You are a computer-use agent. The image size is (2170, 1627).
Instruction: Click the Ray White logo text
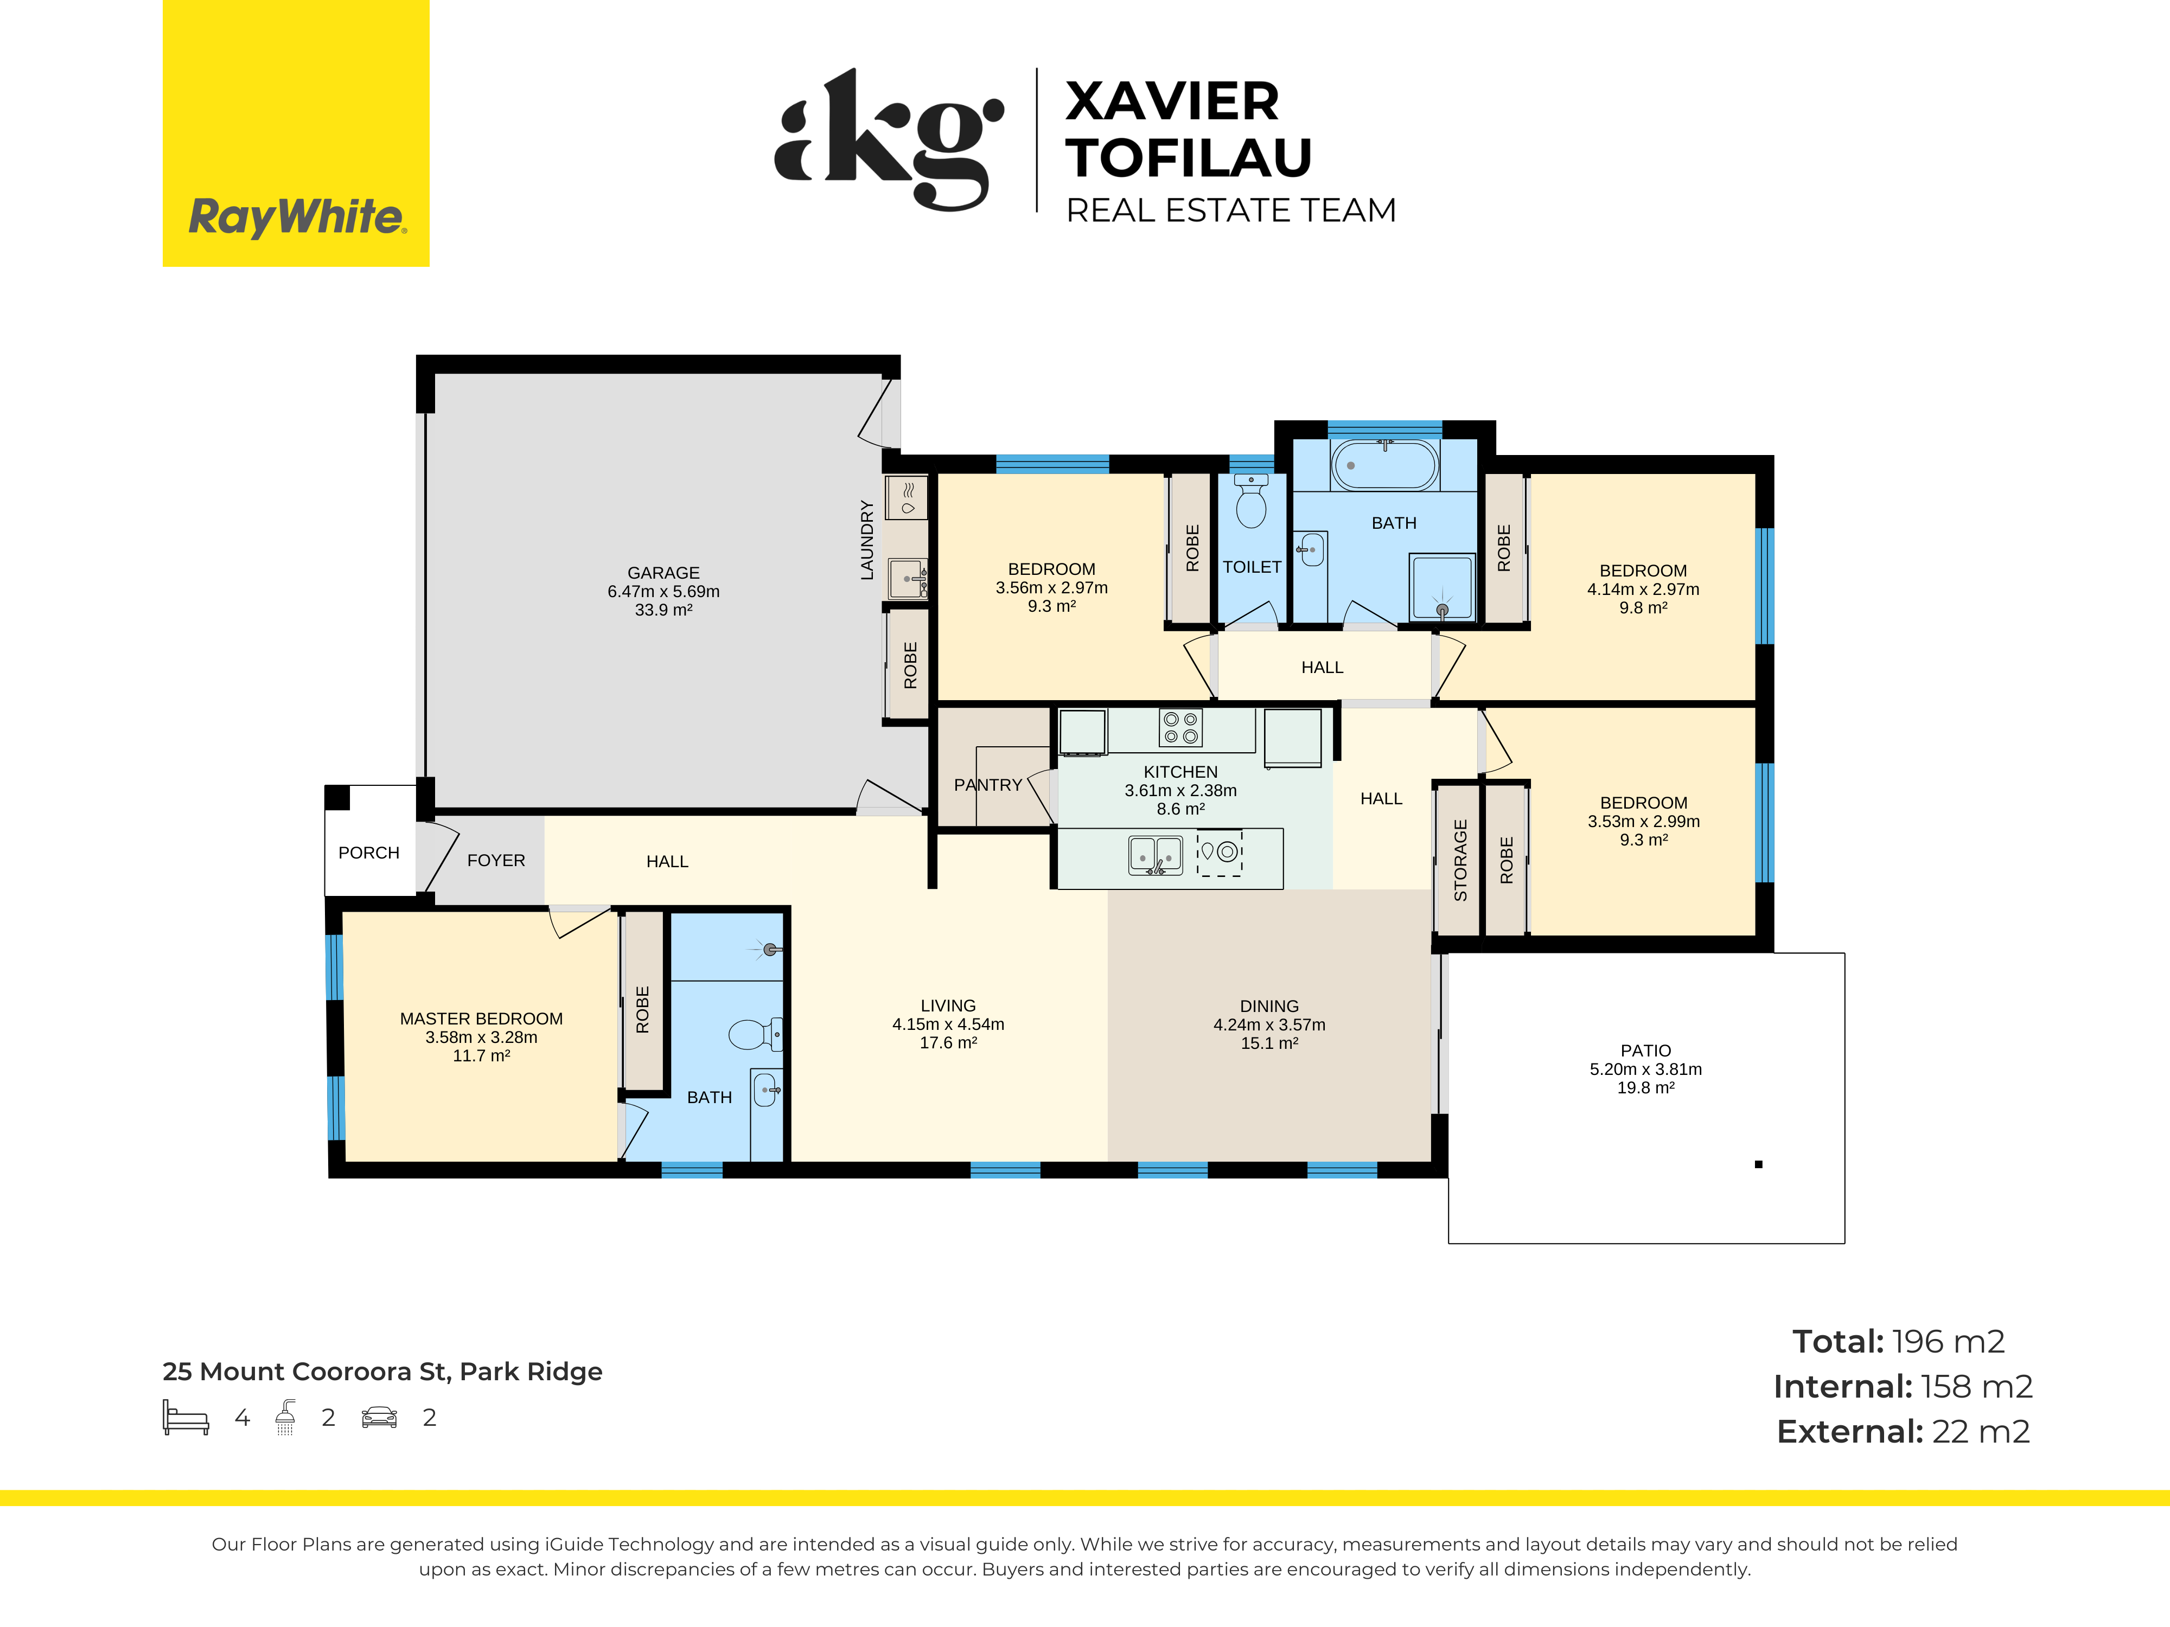point(296,217)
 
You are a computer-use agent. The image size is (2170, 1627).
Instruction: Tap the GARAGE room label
point(663,573)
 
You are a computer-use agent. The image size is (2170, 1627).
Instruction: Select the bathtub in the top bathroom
point(1384,465)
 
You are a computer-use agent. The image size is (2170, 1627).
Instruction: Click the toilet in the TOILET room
point(1251,501)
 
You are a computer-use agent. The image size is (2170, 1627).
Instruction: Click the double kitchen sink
point(1154,855)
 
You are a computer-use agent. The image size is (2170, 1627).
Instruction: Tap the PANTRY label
point(988,785)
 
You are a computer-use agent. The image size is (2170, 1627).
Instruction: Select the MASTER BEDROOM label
point(481,1019)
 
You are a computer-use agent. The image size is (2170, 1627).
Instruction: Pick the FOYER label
point(495,860)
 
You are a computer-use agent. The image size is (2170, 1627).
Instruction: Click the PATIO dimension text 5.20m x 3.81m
point(1645,1069)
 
